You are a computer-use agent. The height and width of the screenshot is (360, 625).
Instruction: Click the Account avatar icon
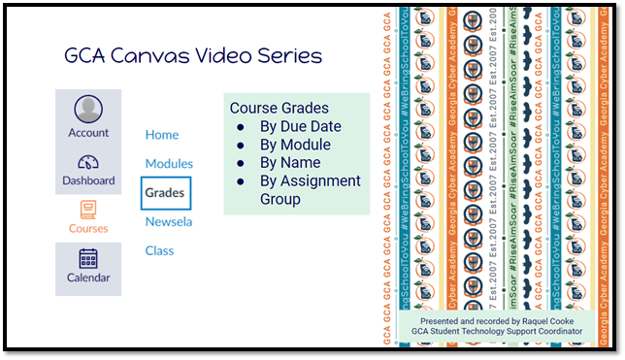pos(88,109)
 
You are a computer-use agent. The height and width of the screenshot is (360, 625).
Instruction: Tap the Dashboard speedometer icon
pos(88,162)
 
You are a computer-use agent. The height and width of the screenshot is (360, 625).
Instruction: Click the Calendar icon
pos(88,258)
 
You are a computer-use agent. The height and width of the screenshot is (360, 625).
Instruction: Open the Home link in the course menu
pos(162,135)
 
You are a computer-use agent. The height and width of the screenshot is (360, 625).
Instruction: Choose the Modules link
pos(169,164)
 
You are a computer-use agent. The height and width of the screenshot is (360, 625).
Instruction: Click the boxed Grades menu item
pos(165,193)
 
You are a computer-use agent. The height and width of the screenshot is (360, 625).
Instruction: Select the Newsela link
pos(169,222)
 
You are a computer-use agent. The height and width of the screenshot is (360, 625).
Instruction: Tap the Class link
pos(159,250)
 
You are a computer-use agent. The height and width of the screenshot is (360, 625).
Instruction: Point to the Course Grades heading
pos(279,109)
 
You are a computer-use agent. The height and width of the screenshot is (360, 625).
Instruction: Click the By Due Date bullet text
pos(300,127)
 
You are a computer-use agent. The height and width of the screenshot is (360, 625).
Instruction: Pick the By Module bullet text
pos(295,145)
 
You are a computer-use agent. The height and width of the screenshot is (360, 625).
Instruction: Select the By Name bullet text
pos(291,163)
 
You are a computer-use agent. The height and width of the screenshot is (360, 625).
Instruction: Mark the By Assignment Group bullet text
pos(310,181)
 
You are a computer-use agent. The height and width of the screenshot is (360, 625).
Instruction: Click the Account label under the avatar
pos(88,133)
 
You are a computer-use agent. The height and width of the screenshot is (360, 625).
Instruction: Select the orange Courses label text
pos(88,229)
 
